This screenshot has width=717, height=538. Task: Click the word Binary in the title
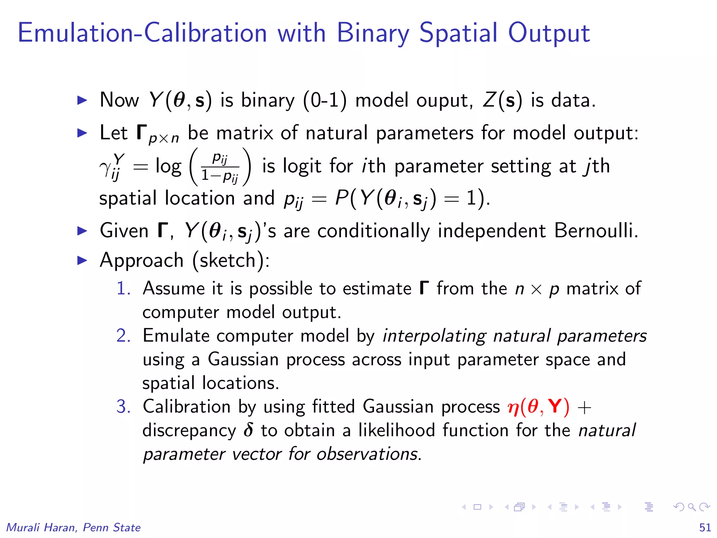tap(373, 33)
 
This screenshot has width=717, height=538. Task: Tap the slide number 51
tap(705, 527)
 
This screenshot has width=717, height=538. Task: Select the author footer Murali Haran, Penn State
tap(74, 527)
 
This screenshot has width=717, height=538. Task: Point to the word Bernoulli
tap(596, 231)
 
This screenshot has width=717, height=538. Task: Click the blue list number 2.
tap(124, 336)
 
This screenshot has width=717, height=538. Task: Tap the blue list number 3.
tap(124, 407)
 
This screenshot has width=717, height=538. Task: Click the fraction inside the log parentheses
tap(220, 167)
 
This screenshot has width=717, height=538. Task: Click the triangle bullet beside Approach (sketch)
tap(82, 260)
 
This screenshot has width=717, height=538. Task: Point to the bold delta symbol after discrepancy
tap(248, 430)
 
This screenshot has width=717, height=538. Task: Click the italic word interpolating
tap(434, 336)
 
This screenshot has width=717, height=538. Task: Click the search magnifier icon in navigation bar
tap(691, 507)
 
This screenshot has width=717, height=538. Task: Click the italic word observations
tap(367, 454)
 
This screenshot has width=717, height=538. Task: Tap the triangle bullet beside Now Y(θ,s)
tap(82, 101)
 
